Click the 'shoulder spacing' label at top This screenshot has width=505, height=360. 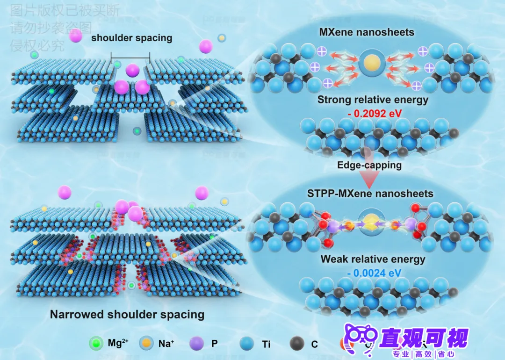[x=131, y=38]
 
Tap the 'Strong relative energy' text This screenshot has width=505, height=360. [x=373, y=99]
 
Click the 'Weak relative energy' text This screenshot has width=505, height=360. [x=373, y=259]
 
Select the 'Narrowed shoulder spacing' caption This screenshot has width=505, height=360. [x=127, y=314]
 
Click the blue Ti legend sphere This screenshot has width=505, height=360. [x=246, y=344]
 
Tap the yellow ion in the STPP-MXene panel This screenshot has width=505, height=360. [x=372, y=221]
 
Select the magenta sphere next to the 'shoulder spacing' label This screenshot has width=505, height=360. [x=76, y=36]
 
